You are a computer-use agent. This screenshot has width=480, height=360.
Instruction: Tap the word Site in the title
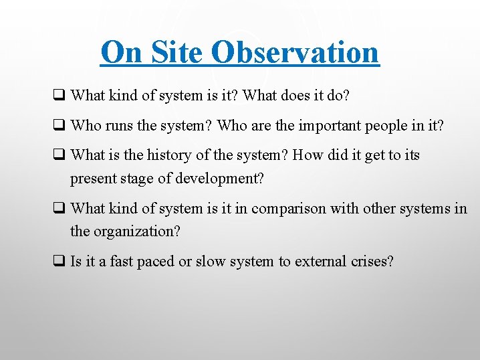(170, 52)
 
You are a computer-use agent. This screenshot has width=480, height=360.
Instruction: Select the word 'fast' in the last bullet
(120, 261)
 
